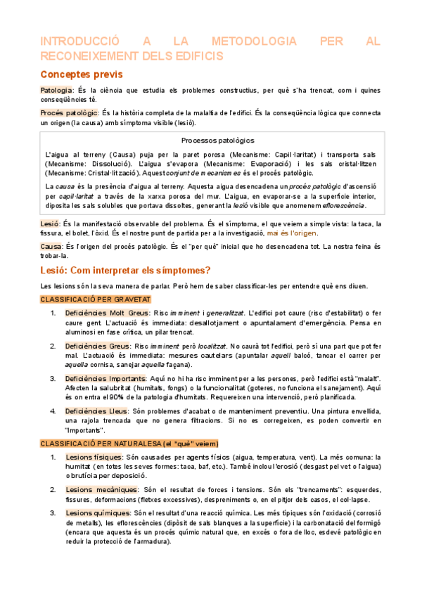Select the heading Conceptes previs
tap(81, 74)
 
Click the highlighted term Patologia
tap(56, 91)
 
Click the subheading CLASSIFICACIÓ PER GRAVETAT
tap(90, 299)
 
